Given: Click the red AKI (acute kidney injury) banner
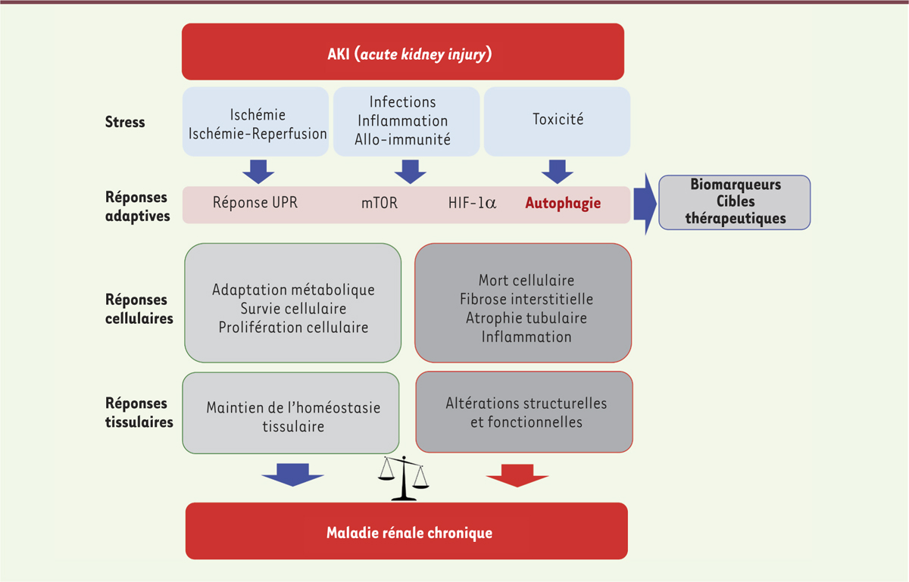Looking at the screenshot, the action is point(403,51).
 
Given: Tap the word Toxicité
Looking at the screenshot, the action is point(558,120).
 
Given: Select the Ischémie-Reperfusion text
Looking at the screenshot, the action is point(258,134).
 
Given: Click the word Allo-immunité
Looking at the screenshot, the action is point(402,139).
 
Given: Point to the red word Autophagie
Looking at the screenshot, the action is point(563,203).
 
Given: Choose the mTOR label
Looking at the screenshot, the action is point(380,203).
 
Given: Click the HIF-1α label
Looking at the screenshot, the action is point(473,203).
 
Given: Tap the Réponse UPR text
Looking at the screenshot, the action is point(255,202).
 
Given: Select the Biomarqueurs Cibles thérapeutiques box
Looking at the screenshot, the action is point(735,202).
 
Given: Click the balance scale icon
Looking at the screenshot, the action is point(403,478).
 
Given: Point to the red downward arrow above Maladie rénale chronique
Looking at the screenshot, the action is point(517,475).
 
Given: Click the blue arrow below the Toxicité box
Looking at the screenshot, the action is point(558,172).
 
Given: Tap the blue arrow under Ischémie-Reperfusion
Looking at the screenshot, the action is point(258,172).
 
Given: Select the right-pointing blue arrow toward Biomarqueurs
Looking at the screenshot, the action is point(645,204).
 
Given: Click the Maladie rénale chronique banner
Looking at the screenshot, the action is point(407,531).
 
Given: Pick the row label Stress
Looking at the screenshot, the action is point(125,122).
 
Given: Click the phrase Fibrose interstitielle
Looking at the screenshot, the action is point(526,299).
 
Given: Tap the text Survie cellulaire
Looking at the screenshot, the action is point(293,309).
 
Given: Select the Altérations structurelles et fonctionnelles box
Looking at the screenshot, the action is point(524,412).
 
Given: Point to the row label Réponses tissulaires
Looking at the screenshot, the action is point(139,412).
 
